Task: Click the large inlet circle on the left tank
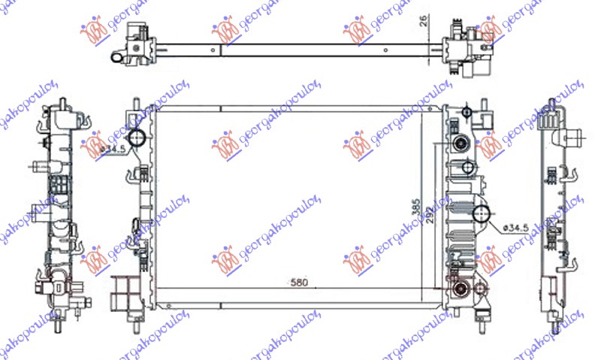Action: coord(137,139)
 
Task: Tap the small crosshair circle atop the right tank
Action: coord(467,113)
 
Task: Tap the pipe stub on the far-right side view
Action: coord(577,139)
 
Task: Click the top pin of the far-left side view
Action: coord(62,101)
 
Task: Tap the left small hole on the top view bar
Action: coord(215,53)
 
